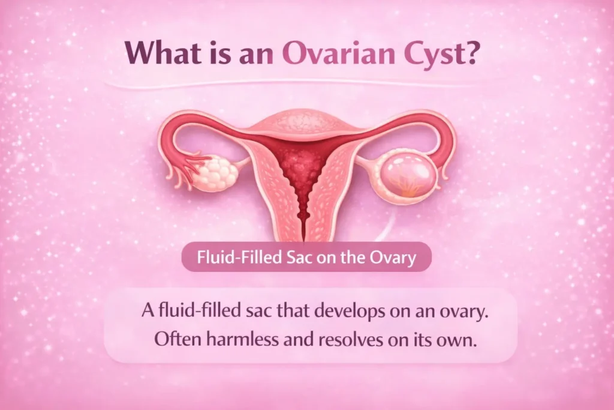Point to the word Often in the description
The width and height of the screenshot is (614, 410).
174,339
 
